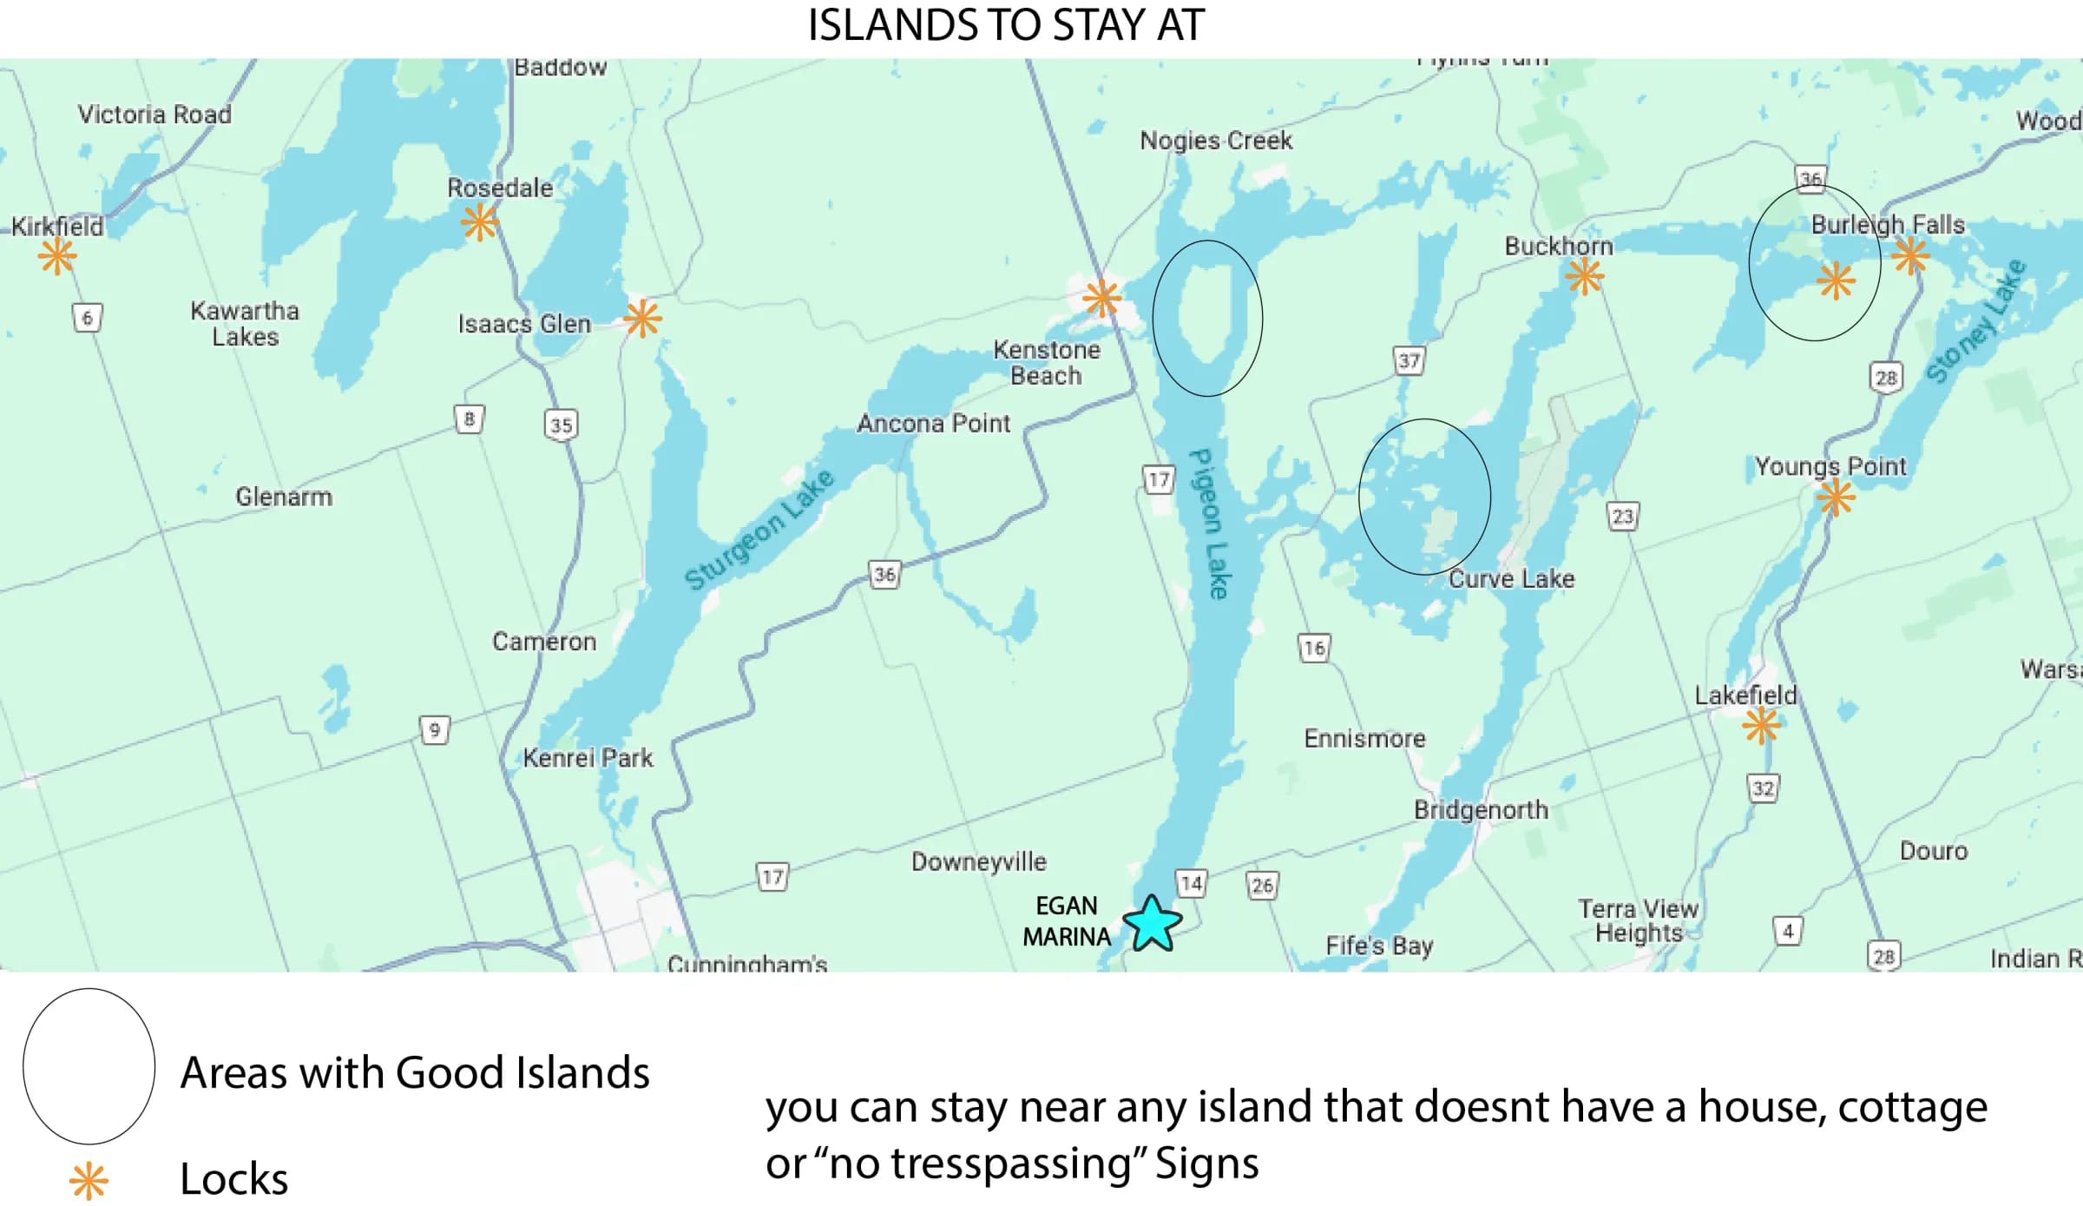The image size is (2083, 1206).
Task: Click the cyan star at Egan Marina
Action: tap(1153, 924)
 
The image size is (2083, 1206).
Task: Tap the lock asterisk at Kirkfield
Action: tap(57, 256)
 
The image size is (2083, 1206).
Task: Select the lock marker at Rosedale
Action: tap(480, 222)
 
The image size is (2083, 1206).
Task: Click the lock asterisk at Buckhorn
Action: tap(1585, 277)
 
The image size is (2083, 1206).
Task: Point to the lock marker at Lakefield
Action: tap(1762, 726)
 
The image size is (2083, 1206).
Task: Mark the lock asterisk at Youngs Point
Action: tap(1836, 498)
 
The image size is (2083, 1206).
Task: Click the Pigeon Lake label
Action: tap(1208, 524)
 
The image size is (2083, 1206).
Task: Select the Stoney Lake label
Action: tap(1976, 320)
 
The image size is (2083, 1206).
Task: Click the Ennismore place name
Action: tap(1364, 738)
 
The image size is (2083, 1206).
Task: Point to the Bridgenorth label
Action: tap(1481, 809)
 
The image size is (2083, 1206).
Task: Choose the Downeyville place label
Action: tap(978, 861)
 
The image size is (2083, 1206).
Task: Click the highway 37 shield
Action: tap(1409, 360)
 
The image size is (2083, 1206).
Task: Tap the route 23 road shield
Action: tap(1622, 517)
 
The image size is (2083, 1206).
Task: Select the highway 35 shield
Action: tap(561, 425)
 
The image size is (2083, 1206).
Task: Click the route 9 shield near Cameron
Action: tap(434, 729)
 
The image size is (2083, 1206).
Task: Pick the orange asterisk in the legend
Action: tap(89, 1181)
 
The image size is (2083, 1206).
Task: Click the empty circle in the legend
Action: tap(89, 1065)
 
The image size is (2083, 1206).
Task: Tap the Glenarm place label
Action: tap(284, 497)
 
